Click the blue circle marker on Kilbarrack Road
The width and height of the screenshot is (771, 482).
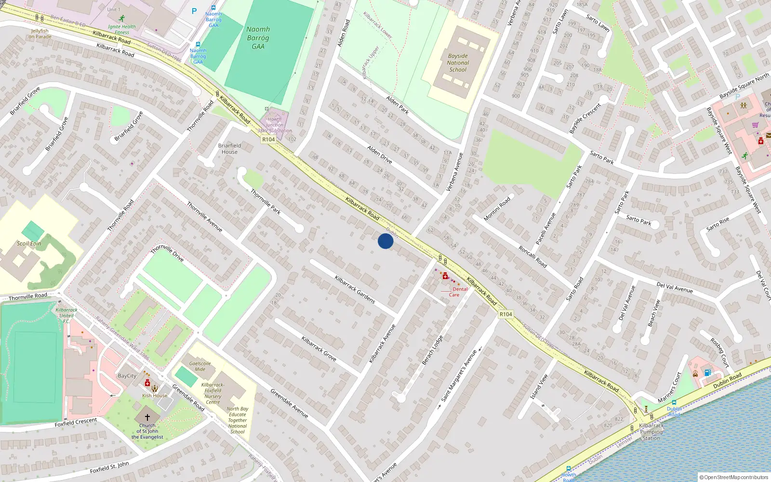[385, 241]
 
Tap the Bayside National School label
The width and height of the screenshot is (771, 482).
[457, 63]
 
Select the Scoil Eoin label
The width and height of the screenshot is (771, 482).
[29, 243]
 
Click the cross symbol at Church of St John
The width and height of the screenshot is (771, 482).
[147, 417]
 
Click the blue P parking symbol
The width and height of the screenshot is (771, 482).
[194, 11]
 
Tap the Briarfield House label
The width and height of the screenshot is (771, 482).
[229, 148]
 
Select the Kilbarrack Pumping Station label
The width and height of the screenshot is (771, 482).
[651, 432]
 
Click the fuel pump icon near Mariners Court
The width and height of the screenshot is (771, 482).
[707, 372]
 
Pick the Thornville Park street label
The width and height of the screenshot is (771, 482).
[266, 201]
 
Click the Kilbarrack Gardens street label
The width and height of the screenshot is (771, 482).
[355, 289]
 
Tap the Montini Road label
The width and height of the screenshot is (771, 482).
[497, 209]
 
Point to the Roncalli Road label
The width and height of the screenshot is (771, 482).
[532, 256]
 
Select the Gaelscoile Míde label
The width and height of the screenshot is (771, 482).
[200, 366]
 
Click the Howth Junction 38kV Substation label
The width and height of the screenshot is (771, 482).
[274, 125]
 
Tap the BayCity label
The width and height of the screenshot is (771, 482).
[127, 376]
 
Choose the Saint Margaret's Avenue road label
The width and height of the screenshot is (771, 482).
[459, 375]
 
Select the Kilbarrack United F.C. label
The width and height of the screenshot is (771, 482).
[66, 316]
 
